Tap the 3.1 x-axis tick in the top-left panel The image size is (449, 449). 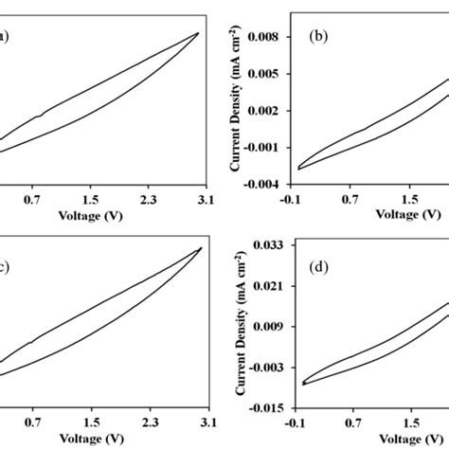pyautogui.click(x=206, y=200)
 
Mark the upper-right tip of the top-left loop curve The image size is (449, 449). pyautogui.click(x=197, y=32)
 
